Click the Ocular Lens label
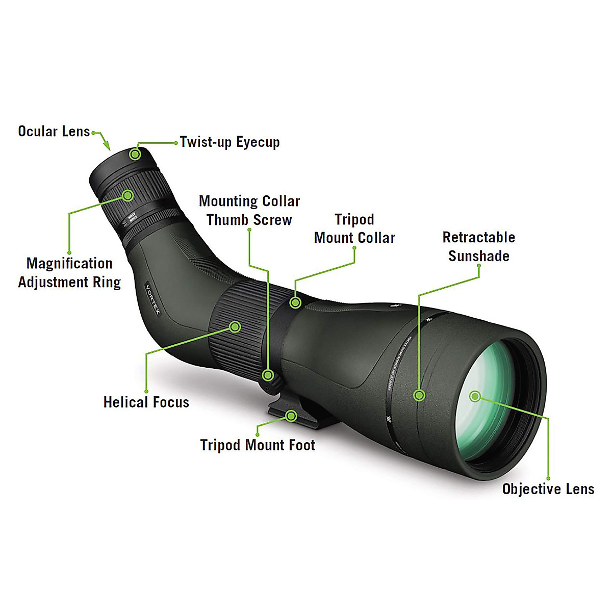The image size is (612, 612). point(54,132)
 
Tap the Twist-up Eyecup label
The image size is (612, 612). point(229,142)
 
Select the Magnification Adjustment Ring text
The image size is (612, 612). point(69,273)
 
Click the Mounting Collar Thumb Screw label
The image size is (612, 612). point(249,211)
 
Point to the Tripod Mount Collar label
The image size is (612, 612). point(354,229)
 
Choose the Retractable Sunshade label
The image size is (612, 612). point(478,247)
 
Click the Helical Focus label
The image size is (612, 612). point(146,402)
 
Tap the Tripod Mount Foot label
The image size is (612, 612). point(258,445)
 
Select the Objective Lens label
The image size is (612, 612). point(548,489)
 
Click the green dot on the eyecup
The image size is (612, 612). point(135,154)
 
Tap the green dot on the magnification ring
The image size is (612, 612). point(127,195)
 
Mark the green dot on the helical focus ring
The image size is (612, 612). point(235,326)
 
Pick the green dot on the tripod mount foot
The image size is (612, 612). point(291,416)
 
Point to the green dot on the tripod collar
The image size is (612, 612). point(295,302)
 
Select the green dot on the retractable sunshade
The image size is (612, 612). point(419,395)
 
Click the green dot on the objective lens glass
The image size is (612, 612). point(475,396)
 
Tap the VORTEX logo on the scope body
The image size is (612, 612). point(153,300)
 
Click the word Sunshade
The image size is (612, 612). point(478,256)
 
